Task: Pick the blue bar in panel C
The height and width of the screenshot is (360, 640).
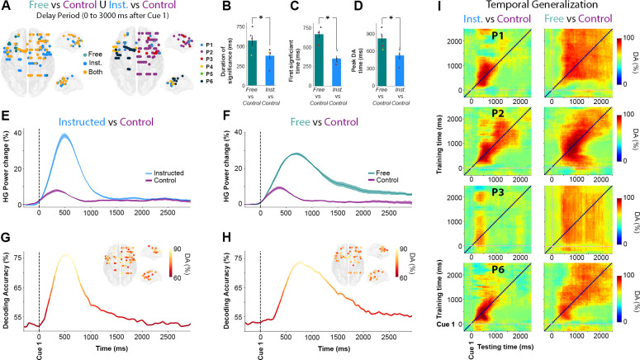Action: [314, 65]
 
